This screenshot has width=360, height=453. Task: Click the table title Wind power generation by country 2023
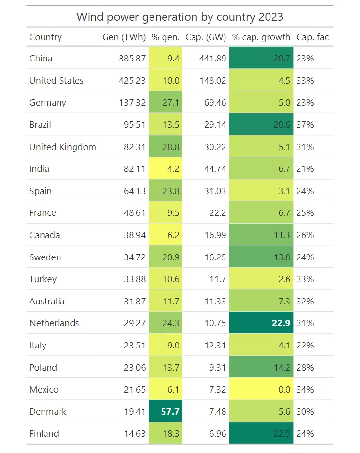(x=180, y=17)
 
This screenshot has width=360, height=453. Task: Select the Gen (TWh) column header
(x=124, y=37)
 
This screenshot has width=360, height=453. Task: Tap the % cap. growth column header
(x=261, y=37)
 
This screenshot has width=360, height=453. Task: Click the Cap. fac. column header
(x=314, y=37)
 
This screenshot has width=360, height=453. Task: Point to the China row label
(x=41, y=59)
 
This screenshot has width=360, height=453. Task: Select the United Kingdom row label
(x=62, y=147)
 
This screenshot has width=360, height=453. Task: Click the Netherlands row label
(x=54, y=323)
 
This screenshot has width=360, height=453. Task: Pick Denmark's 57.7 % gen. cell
(x=166, y=412)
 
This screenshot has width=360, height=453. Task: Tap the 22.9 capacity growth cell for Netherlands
(x=261, y=323)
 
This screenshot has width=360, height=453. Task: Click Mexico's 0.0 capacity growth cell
(x=261, y=390)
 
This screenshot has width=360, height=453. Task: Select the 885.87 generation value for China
(x=132, y=59)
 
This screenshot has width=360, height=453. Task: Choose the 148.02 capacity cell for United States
(x=212, y=81)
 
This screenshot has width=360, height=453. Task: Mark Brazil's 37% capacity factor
(x=305, y=125)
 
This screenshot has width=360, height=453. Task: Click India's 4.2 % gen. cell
(x=166, y=169)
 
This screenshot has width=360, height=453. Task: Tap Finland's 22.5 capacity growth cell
(x=261, y=434)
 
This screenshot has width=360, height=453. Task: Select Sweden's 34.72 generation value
(x=135, y=257)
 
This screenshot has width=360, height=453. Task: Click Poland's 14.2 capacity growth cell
(x=261, y=367)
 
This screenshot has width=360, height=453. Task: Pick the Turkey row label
(x=43, y=279)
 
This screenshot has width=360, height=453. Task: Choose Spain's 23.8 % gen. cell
(x=166, y=191)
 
